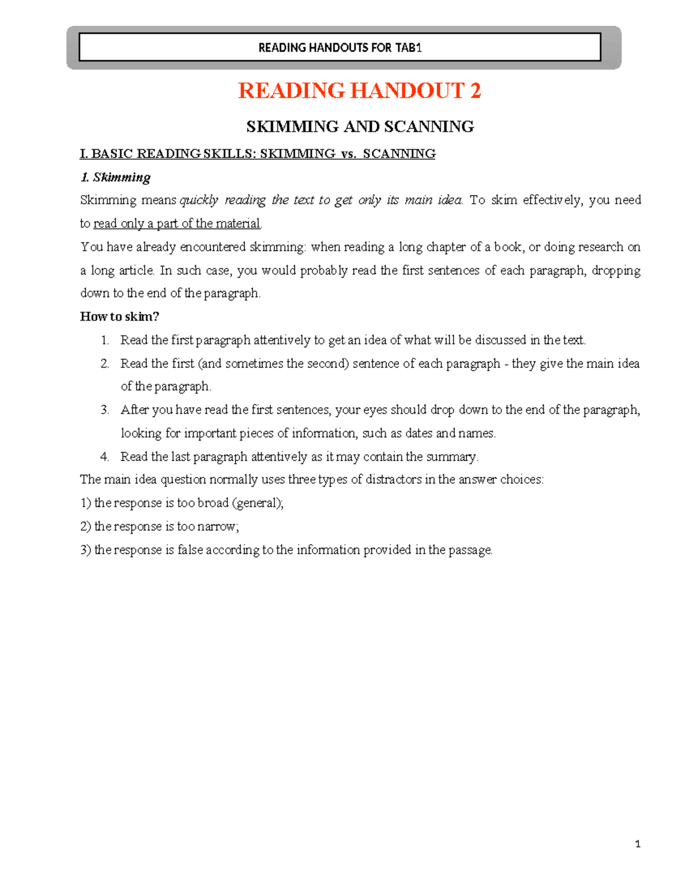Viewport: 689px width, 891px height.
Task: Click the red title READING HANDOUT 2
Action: click(359, 91)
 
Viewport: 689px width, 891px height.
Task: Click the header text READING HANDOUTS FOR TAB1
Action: click(340, 48)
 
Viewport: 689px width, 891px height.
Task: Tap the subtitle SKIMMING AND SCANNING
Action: click(360, 127)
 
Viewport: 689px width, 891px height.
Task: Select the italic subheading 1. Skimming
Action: click(115, 177)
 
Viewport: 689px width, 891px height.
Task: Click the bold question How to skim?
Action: click(119, 317)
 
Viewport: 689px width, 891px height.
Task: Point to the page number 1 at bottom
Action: click(638, 844)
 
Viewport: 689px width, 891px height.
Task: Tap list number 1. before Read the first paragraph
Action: click(104, 340)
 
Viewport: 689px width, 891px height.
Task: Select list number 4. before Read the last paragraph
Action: click(104, 457)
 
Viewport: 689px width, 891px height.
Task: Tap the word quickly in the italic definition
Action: click(199, 200)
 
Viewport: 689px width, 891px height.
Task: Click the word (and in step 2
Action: click(210, 364)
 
